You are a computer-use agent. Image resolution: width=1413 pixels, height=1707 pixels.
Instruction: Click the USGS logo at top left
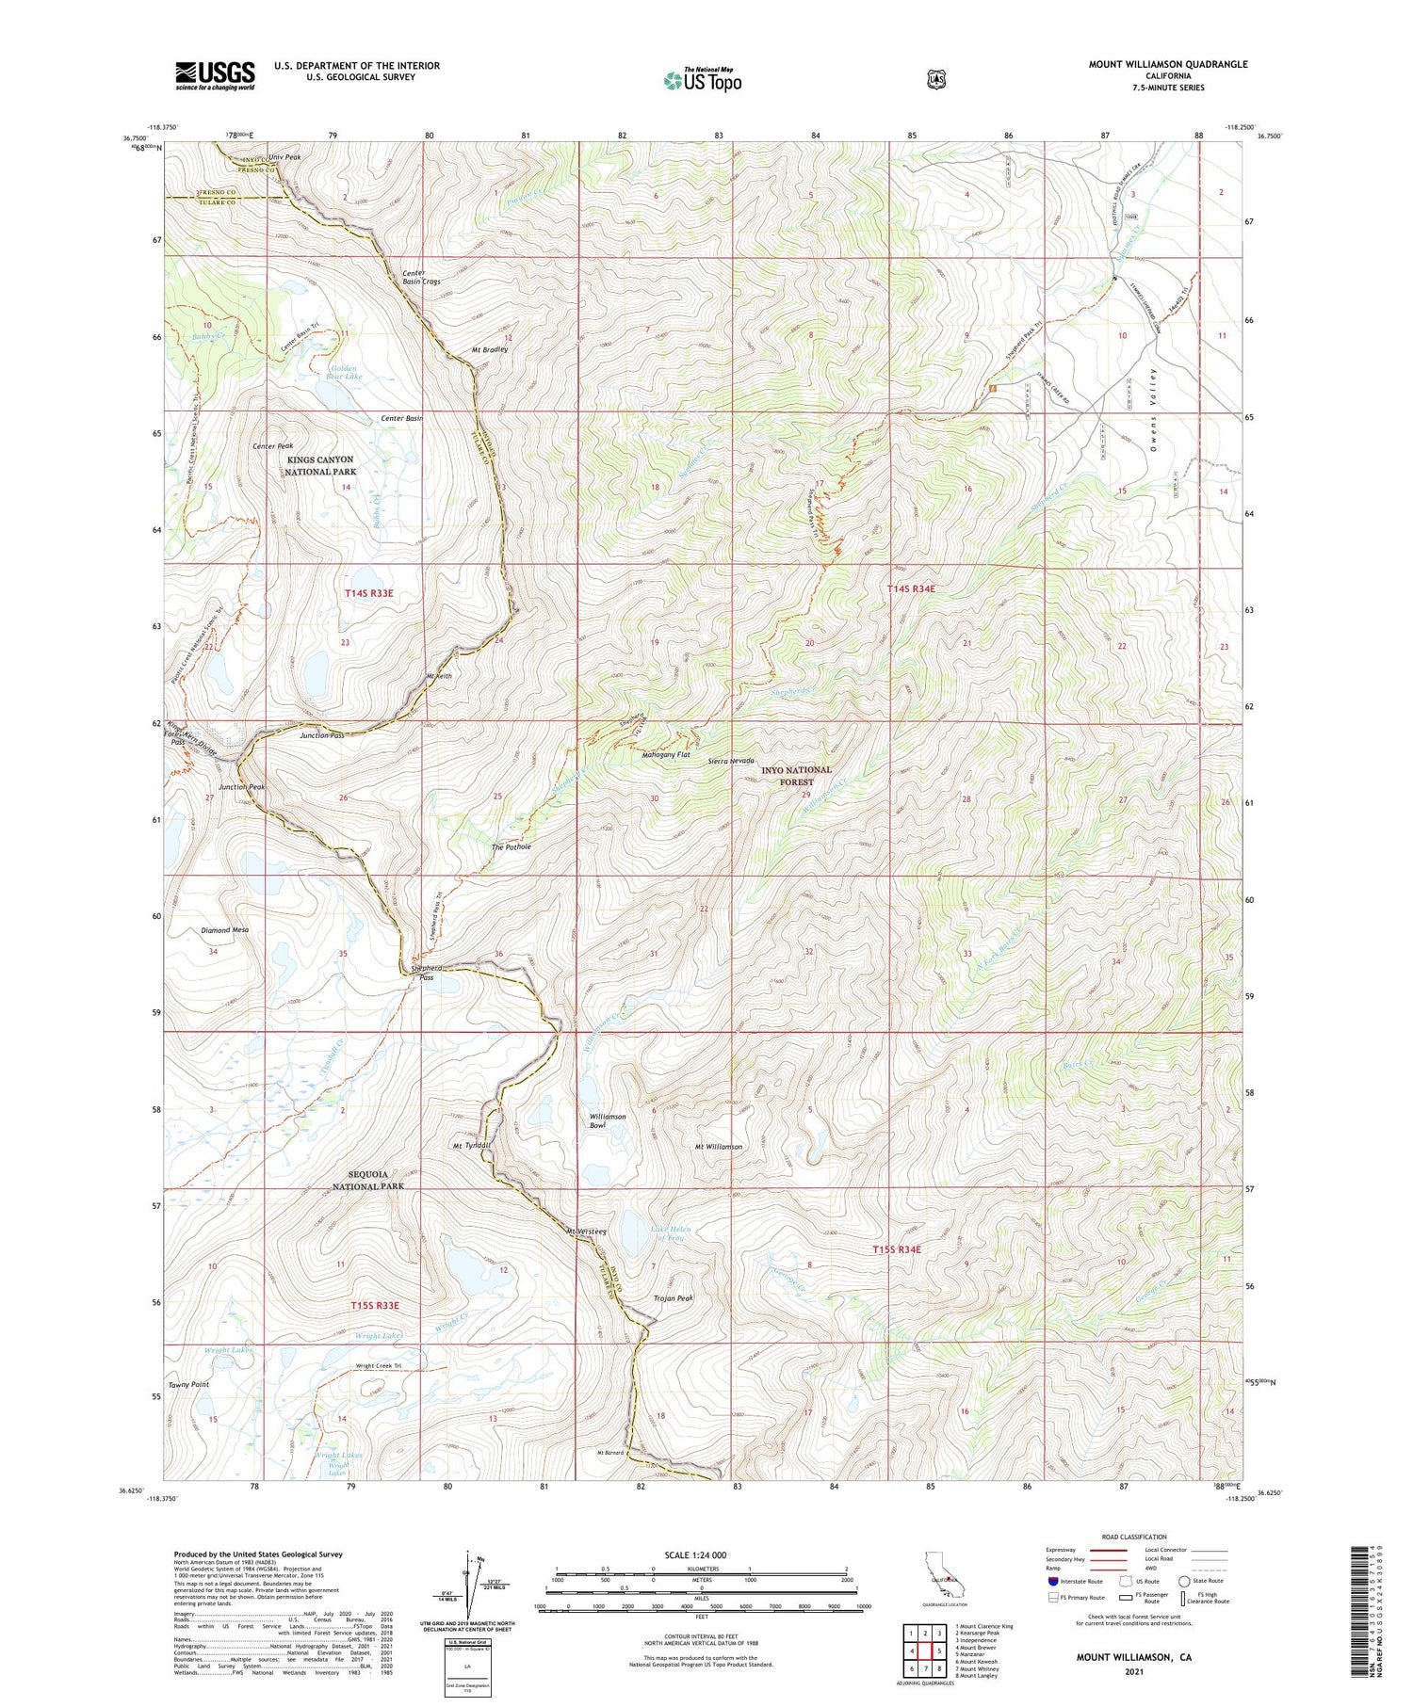[x=215, y=75]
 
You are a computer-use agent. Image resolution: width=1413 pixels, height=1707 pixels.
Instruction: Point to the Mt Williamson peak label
[x=718, y=1147]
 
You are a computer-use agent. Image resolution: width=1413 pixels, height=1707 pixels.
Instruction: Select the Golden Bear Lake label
[x=344, y=371]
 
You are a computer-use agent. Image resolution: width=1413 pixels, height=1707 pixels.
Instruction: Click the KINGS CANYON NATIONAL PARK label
[x=320, y=465]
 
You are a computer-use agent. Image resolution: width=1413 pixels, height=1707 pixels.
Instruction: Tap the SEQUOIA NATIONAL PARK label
[x=367, y=1181]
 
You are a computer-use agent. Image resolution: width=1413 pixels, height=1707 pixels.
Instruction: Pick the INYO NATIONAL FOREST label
[x=796, y=776]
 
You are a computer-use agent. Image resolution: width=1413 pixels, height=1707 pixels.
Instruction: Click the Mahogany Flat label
[x=665, y=755]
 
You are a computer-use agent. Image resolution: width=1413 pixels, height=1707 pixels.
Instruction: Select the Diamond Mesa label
[x=224, y=929]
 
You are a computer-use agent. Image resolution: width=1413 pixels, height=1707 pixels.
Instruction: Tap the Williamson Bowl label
[x=608, y=1120]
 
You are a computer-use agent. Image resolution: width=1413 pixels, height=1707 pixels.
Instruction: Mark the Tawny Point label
[x=188, y=1385]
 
